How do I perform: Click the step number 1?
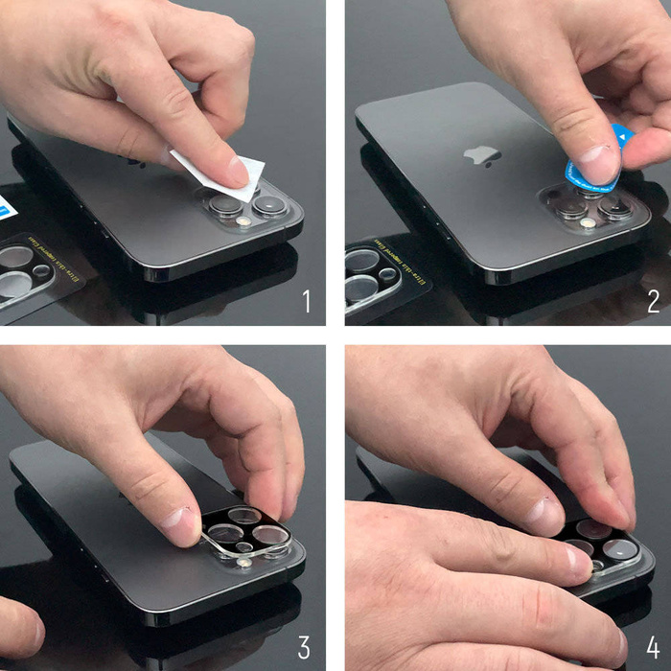tap(307, 301)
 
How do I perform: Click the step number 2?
tap(653, 301)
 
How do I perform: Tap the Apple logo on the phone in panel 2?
tap(482, 156)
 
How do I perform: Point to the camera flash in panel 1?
tap(243, 221)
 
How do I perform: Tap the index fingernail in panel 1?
tap(236, 173)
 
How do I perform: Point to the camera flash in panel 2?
tap(587, 223)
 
